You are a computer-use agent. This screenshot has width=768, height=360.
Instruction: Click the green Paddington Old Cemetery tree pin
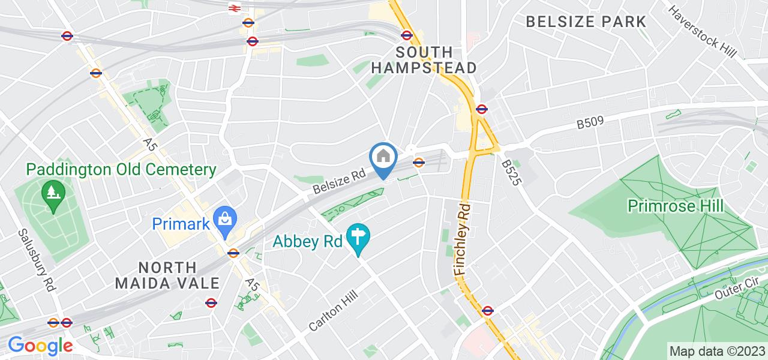tap(53, 194)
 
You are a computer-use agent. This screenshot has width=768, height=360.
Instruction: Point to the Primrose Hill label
tap(675, 206)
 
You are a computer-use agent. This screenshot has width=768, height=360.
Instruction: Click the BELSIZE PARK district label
tap(586, 22)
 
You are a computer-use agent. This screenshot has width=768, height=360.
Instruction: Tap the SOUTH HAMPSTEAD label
tap(424, 59)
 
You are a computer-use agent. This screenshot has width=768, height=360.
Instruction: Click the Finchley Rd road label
tap(464, 238)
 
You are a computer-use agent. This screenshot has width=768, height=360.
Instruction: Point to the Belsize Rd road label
tap(340, 181)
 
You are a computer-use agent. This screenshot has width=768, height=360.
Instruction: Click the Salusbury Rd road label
tap(38, 260)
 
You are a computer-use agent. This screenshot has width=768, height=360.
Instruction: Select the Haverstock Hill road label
tap(702, 31)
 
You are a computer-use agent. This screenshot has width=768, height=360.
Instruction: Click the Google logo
tap(40, 346)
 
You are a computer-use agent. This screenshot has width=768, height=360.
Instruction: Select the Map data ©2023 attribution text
tap(717, 351)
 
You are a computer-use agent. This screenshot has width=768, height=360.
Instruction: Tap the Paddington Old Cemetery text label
tap(121, 170)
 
